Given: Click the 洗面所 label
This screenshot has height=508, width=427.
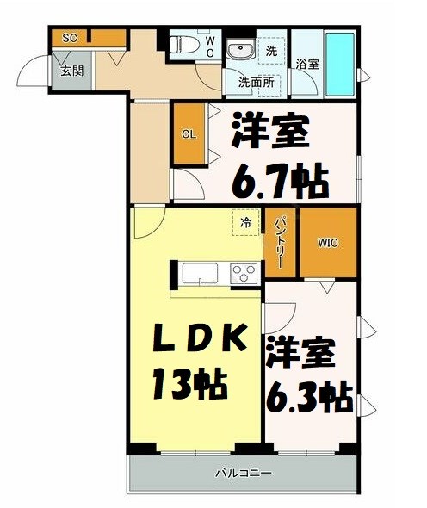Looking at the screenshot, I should click(x=257, y=84).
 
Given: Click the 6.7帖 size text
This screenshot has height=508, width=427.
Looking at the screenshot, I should click(x=279, y=182).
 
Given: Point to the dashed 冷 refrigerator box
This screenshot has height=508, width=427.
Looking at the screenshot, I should click(x=245, y=221).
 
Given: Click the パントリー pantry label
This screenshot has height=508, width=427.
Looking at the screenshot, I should click(x=280, y=242).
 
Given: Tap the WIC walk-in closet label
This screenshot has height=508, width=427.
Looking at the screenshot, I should click(x=327, y=242).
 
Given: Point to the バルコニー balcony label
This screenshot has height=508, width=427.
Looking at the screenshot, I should click(x=243, y=473).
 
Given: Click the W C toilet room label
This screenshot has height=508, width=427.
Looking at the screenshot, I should click(x=207, y=45).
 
